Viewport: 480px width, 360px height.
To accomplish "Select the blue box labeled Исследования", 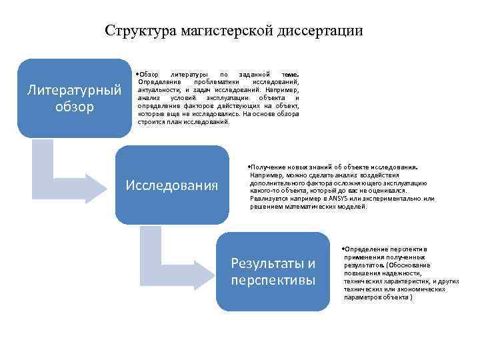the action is pos(171,185).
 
